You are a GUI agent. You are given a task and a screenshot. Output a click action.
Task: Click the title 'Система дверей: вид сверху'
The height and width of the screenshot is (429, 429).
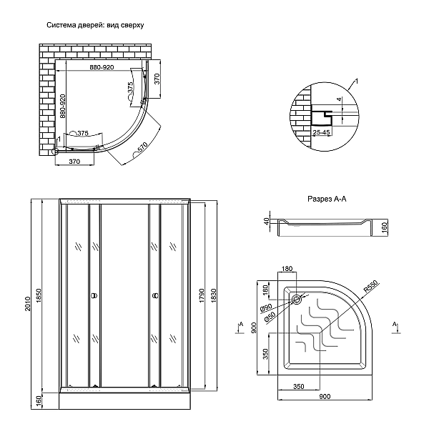[x=96, y=26]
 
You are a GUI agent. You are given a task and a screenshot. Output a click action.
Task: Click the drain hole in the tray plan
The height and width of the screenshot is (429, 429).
[x=297, y=299]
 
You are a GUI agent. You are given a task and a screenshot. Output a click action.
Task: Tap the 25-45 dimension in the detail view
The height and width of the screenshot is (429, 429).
[x=320, y=133]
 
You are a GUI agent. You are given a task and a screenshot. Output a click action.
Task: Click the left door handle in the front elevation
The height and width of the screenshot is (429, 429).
[x=92, y=295]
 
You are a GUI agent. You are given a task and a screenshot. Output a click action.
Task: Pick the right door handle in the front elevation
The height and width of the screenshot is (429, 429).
[x=154, y=295]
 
